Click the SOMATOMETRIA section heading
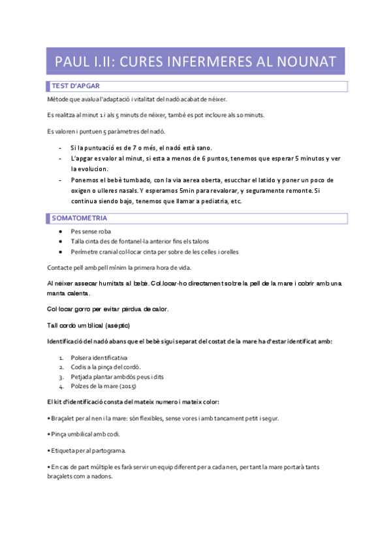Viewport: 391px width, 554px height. point(80,218)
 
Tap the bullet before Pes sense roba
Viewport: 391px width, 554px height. point(60,231)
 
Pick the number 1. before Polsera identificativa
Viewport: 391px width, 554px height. point(61,357)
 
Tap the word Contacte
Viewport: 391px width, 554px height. point(61,268)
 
